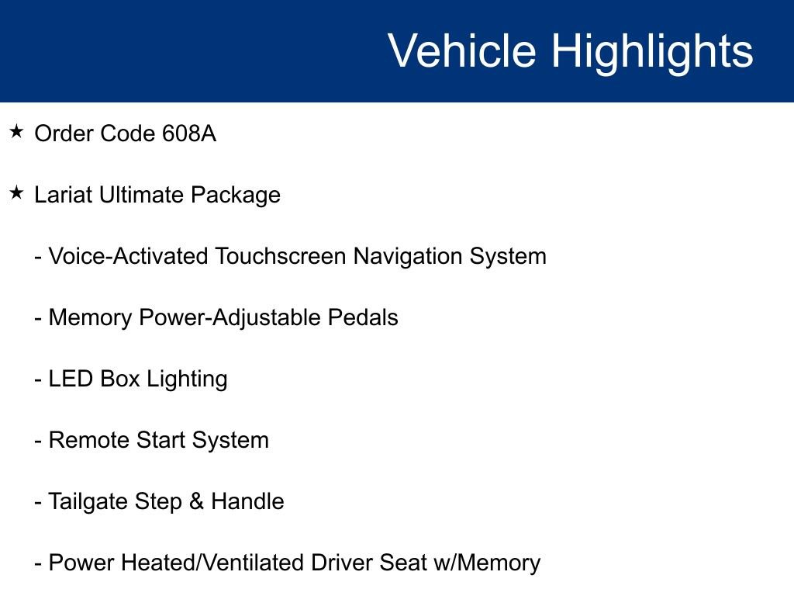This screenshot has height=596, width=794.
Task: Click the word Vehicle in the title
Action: click(462, 51)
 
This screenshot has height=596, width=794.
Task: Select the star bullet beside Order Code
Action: click(17, 133)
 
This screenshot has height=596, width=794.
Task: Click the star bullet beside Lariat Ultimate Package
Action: click(17, 194)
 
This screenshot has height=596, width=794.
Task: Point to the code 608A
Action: click(189, 134)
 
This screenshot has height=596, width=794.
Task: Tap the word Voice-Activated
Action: click(128, 256)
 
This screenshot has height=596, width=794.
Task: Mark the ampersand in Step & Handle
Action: click(197, 501)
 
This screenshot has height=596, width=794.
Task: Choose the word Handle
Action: click(247, 501)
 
